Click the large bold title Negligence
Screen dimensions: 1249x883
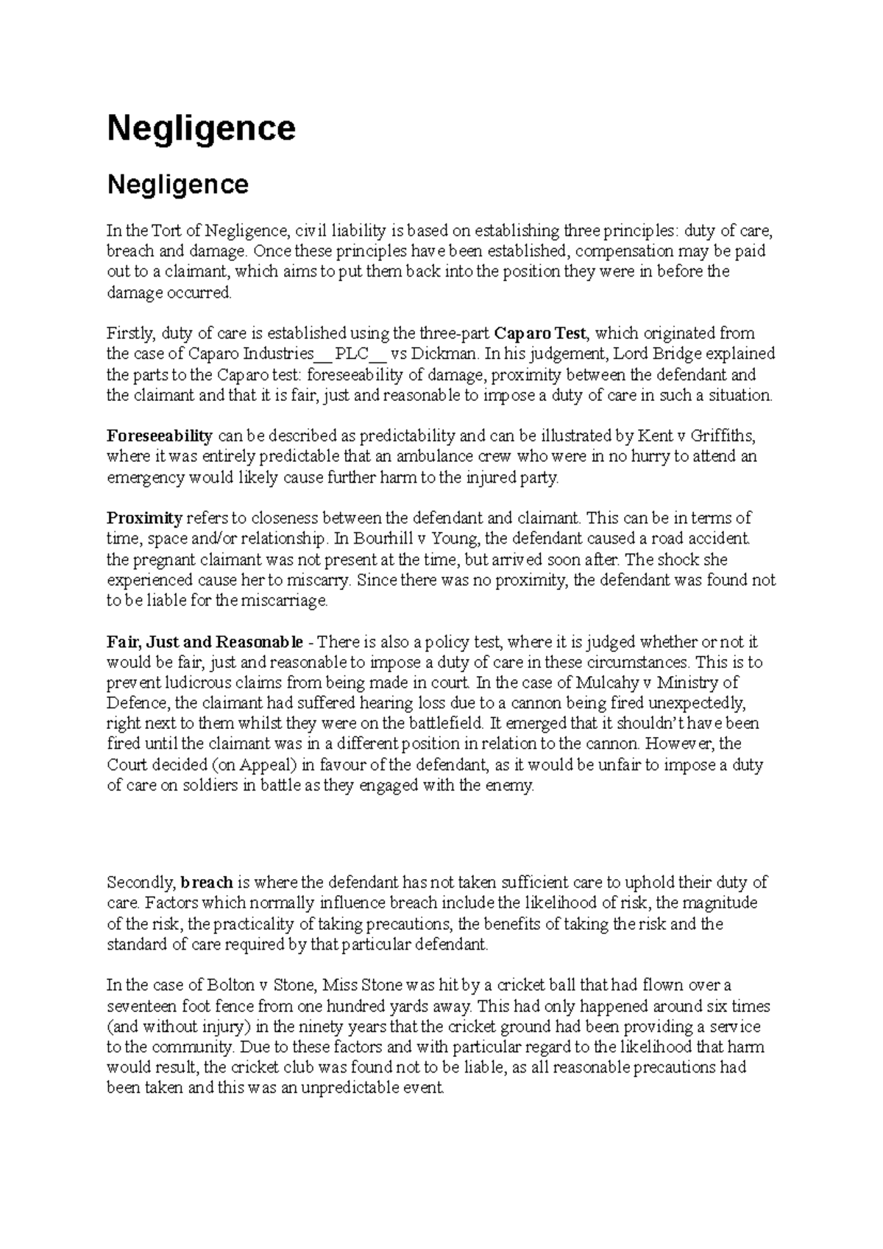coord(201,129)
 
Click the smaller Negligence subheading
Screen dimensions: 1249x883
coord(177,184)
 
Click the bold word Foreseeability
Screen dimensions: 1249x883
coord(160,435)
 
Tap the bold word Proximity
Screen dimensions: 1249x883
coord(144,518)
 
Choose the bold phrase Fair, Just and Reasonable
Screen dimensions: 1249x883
coord(205,641)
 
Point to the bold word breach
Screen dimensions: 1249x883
coord(207,882)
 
